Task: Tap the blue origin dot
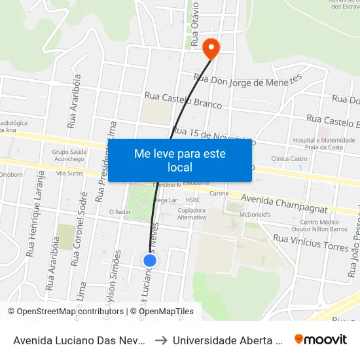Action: (x=150, y=261)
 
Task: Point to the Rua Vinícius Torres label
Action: (x=310, y=243)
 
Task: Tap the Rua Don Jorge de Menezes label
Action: (x=249, y=81)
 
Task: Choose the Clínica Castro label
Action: (x=289, y=158)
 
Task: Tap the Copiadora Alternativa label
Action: (x=192, y=214)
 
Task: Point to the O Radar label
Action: (x=119, y=212)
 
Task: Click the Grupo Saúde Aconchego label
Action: (x=69, y=156)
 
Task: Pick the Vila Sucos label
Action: (x=69, y=173)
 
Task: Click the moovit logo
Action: (x=321, y=339)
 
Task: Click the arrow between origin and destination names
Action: (x=160, y=340)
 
